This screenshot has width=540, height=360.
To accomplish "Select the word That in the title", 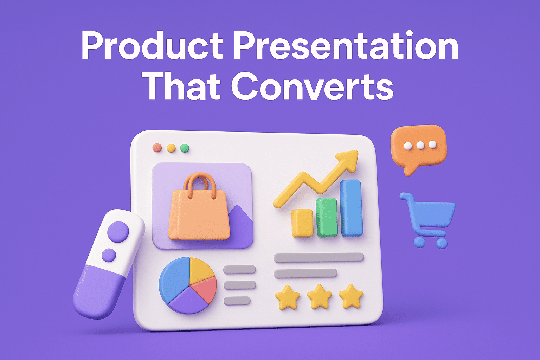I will (x=183, y=86).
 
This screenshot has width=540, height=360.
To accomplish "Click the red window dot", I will (x=157, y=148).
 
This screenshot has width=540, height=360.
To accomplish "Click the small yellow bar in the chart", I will (x=302, y=223).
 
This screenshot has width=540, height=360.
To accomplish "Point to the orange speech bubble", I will (x=418, y=146).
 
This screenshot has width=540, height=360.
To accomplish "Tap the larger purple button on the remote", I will (x=118, y=231).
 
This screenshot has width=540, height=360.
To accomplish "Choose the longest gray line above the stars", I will (x=319, y=257).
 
